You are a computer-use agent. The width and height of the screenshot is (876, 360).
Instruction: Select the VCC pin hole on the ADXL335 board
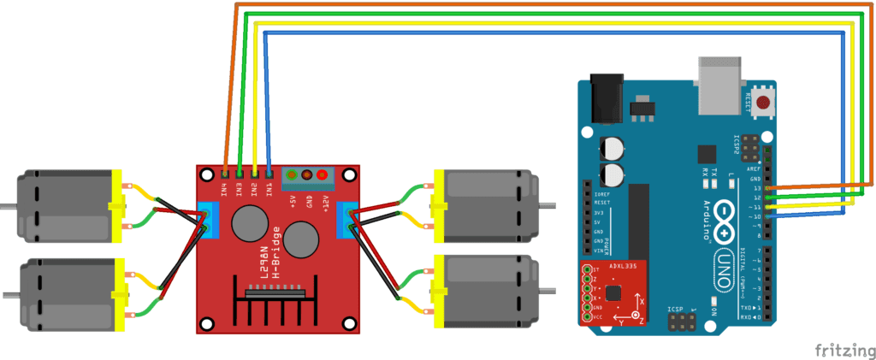point(587,316)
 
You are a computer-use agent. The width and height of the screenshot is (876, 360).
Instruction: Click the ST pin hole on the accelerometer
point(587,269)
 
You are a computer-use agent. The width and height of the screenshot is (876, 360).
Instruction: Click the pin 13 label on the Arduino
point(756,187)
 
